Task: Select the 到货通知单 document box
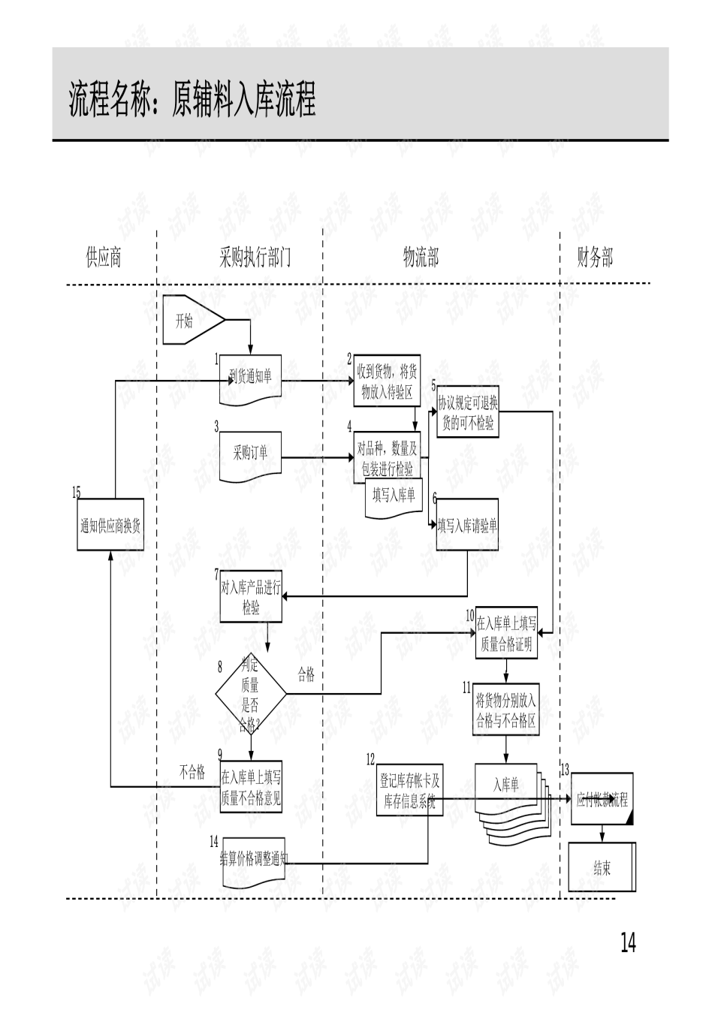point(251,377)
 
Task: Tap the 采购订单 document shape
point(251,454)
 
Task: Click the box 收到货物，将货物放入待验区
point(387,381)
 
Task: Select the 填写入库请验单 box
point(467,525)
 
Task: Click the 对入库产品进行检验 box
point(251,597)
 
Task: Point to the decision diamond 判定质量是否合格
point(250,695)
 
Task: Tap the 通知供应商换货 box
point(110,525)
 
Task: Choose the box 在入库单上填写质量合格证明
point(506,633)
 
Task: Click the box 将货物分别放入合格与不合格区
point(505,710)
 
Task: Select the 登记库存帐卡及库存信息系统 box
point(409,790)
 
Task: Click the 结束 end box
point(602,868)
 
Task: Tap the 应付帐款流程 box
point(602,799)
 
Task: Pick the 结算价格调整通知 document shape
point(253,860)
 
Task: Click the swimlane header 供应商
point(104,258)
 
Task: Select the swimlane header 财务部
point(595,258)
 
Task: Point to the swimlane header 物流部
point(421,258)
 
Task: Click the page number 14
point(628,942)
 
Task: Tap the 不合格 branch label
point(192,772)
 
